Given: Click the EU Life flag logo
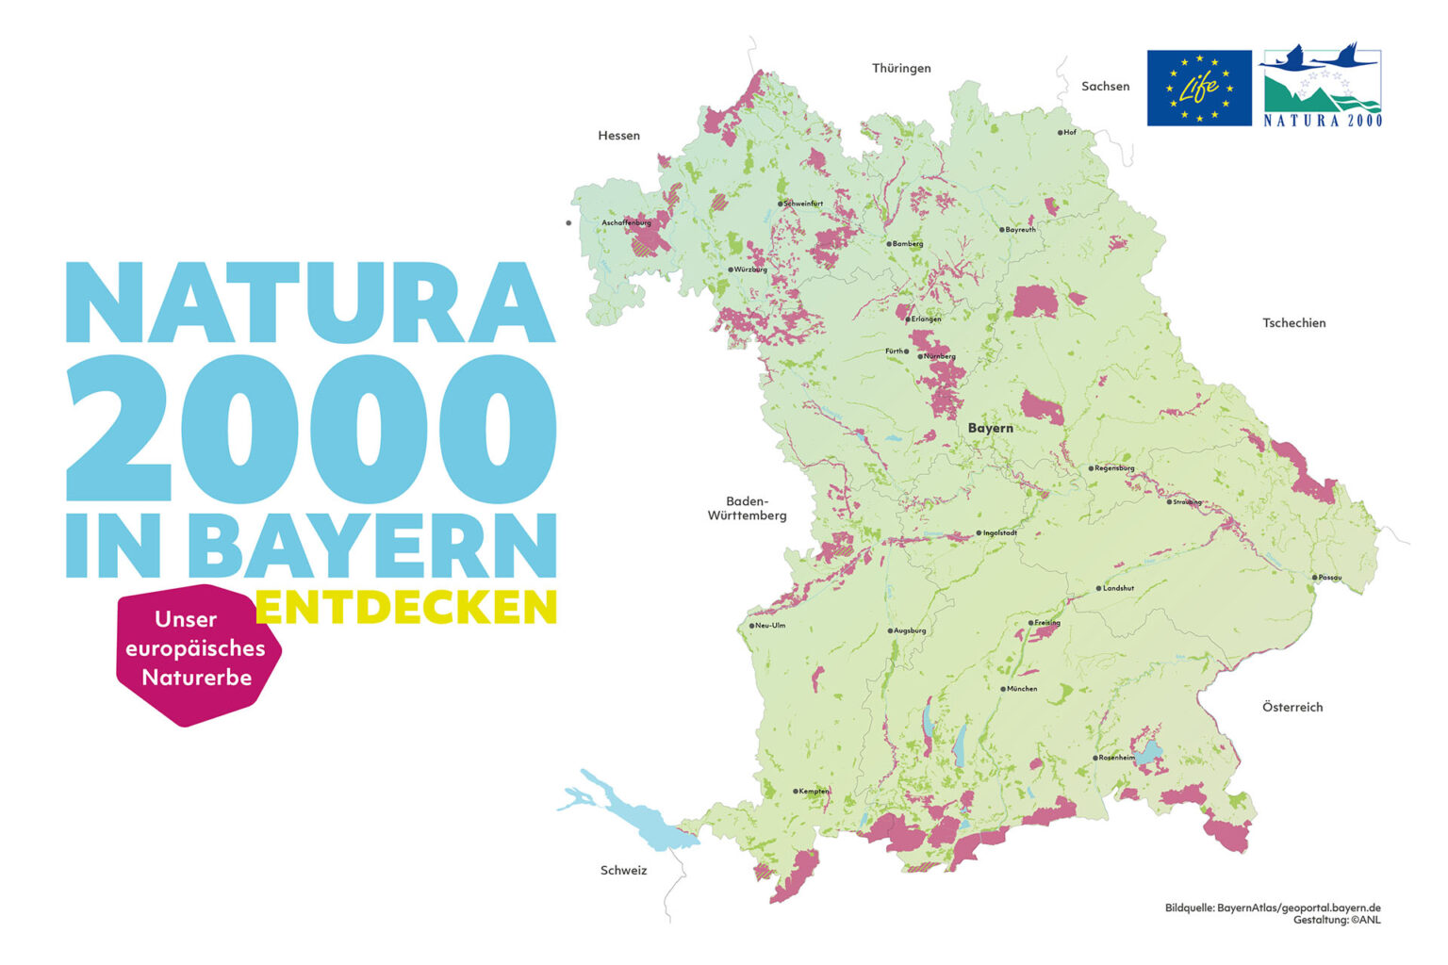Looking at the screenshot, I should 1198,88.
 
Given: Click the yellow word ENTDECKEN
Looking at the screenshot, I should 406,608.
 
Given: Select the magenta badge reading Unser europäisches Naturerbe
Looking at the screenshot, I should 197,650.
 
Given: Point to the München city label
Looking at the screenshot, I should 1021,689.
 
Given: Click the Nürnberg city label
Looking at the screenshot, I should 939,356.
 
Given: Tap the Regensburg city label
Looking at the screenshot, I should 1114,468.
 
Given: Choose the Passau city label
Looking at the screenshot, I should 1329,578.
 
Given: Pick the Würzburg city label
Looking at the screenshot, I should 750,270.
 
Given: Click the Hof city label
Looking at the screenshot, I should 1069,133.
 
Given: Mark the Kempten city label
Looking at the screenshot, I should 813,792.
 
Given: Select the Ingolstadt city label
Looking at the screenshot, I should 999,533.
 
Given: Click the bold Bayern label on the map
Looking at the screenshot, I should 991,428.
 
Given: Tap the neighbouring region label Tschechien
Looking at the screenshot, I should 1293,323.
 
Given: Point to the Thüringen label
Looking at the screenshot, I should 901,69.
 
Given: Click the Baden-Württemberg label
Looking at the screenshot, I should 747,508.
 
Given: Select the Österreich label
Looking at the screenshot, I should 1292,707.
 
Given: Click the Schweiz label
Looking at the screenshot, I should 623,871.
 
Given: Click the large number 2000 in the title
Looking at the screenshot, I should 311,429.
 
